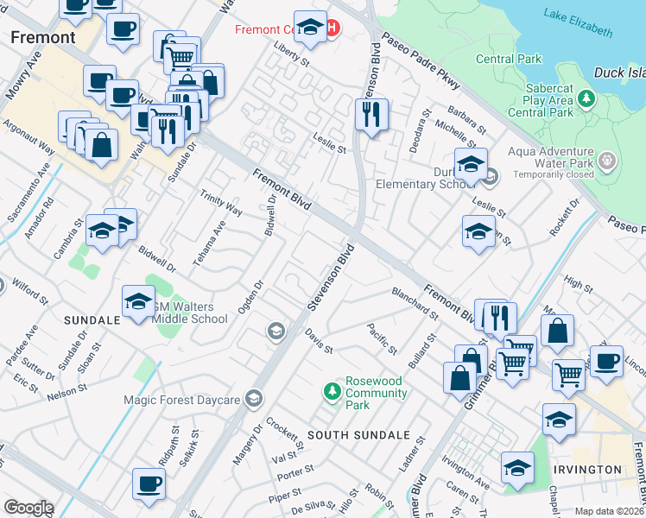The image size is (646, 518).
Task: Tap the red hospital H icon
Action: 331,29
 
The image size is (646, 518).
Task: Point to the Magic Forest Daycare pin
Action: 253,399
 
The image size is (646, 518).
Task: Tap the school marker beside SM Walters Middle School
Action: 138,301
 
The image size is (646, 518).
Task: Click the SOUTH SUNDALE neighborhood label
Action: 358,435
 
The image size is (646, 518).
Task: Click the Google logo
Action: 28,508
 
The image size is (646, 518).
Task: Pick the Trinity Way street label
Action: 222,204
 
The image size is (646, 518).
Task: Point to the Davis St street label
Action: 319,345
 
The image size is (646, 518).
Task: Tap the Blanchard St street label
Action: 415,303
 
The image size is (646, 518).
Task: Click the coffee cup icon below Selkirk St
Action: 148,483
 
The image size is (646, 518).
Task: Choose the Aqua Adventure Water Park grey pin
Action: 608,161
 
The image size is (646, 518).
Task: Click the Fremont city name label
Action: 42,37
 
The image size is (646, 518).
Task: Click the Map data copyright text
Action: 610,511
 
